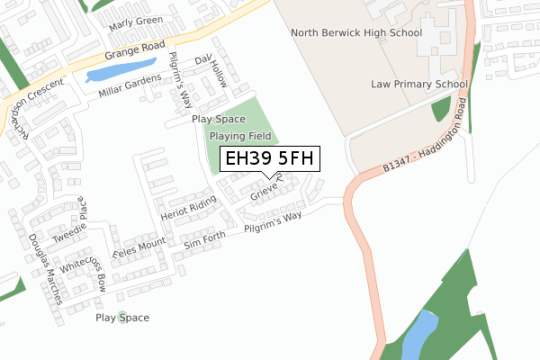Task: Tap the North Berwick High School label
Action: coord(356,33)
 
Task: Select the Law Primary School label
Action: coord(419,85)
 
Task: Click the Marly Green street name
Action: coord(136,22)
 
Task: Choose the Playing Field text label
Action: coord(239,136)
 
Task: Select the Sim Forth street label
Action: coord(203,241)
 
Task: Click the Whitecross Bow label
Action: coord(90,266)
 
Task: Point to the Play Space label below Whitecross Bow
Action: coord(122,318)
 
